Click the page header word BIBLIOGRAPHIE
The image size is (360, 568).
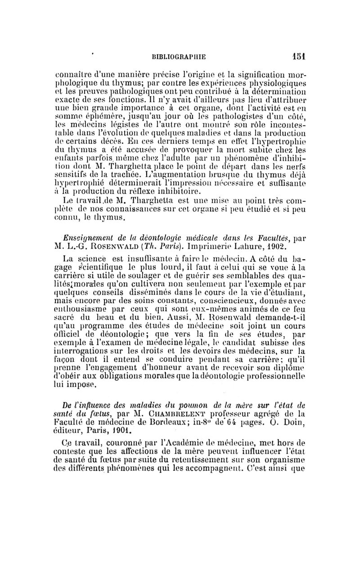(180, 57)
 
